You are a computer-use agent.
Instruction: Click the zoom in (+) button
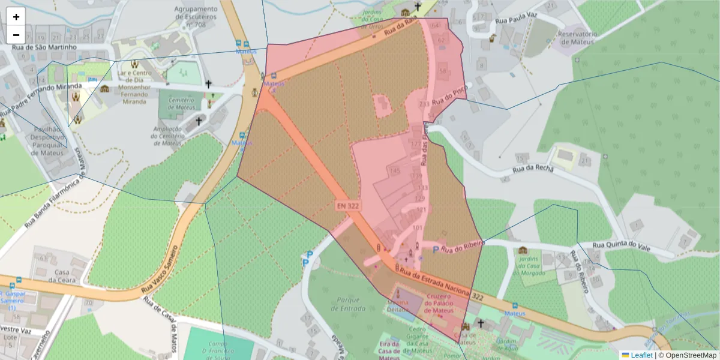[16, 17]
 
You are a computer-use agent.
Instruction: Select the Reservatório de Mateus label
[577, 38]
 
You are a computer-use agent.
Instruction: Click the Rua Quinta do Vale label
[622, 245]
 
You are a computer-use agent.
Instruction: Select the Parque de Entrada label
[348, 304]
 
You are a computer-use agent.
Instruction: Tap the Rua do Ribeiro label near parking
[462, 247]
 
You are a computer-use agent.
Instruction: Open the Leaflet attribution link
[641, 355]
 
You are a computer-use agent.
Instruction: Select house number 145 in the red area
[394, 172]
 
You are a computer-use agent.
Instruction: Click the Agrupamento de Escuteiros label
[196, 17]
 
